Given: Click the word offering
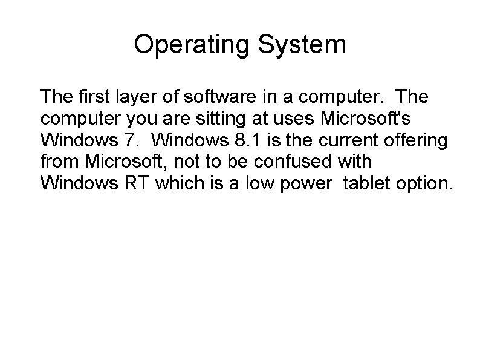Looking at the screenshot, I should [418, 140].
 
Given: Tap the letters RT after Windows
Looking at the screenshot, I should [138, 183].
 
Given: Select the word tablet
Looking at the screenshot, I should [366, 183].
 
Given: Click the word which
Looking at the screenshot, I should [178, 183].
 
